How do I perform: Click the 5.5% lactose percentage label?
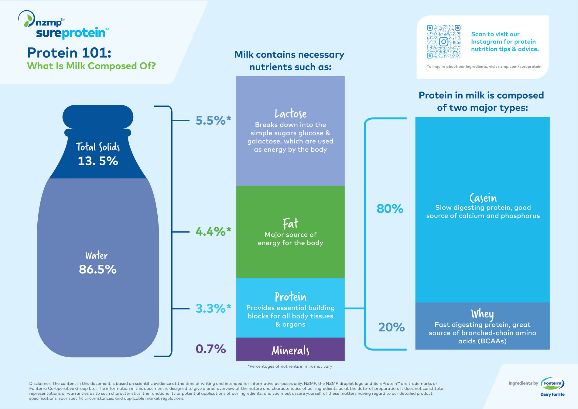point(213,121)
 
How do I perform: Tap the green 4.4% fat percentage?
point(213,232)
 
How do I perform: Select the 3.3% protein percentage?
point(213,309)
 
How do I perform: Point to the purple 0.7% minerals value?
point(210,349)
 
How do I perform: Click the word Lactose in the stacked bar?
point(290,114)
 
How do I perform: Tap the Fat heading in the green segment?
point(290,224)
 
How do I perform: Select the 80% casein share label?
point(390,209)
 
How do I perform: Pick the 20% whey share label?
point(391,327)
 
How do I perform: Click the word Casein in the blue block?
point(483,198)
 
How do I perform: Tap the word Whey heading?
point(482,314)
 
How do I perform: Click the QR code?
point(443,42)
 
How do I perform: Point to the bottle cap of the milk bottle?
point(98,117)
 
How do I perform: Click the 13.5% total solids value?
point(98,161)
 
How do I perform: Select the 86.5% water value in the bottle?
point(98,270)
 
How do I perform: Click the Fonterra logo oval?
point(552,383)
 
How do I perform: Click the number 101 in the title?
point(94,53)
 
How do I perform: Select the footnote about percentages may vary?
point(290,366)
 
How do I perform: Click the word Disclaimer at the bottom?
point(40,383)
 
